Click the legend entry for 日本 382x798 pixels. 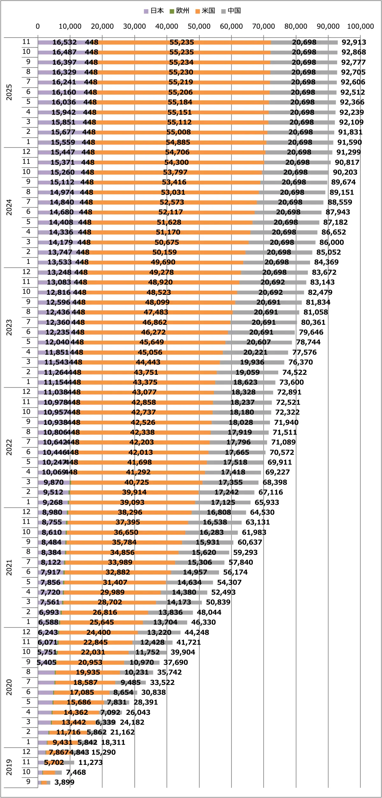point(154,11)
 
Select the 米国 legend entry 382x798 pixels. point(205,11)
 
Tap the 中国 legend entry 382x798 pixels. point(231,11)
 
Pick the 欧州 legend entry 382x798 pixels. point(180,11)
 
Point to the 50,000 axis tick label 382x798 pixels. point(199,26)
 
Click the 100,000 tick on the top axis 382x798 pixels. point(360,26)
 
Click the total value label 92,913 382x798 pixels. point(354,42)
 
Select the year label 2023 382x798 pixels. point(9,327)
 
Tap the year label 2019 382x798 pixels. point(9,767)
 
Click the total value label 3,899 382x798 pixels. point(64,782)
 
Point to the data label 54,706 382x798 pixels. point(177,152)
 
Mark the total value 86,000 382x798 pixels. point(331,242)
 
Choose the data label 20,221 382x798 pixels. point(255,352)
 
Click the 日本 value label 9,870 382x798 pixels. point(53,482)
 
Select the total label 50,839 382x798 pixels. point(218,602)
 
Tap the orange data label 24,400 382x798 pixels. point(98,632)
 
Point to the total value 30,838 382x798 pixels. point(153,692)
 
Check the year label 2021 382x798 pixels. point(9,568)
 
